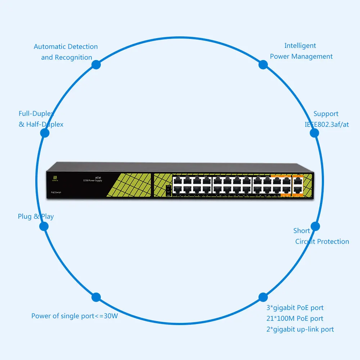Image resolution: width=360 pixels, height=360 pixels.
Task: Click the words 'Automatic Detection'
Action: [66, 46]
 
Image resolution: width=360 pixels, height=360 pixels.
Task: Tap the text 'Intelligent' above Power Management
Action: [300, 46]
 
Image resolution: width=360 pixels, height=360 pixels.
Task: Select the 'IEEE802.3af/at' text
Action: [327, 125]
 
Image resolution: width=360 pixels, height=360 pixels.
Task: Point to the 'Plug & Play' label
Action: [36, 216]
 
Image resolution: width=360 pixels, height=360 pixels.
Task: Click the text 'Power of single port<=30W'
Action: [75, 316]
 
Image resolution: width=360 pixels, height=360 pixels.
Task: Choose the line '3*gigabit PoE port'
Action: [295, 308]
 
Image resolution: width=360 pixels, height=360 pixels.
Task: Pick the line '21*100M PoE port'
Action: [295, 319]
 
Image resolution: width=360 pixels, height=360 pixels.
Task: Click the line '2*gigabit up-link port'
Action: [300, 329]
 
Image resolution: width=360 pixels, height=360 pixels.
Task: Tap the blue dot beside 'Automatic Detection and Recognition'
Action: [96, 65]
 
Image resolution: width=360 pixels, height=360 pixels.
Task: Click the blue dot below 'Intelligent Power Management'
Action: [263, 65]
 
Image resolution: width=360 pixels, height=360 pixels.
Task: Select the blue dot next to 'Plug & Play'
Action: [44, 226]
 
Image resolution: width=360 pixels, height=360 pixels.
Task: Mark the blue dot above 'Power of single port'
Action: [96, 297]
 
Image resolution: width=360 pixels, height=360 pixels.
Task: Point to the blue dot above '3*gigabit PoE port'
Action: [263, 297]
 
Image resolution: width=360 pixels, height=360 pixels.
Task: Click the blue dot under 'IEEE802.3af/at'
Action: [314, 133]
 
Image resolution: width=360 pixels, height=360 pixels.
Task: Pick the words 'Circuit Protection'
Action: [322, 242]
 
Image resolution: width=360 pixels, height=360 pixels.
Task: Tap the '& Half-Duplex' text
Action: [41, 125]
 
